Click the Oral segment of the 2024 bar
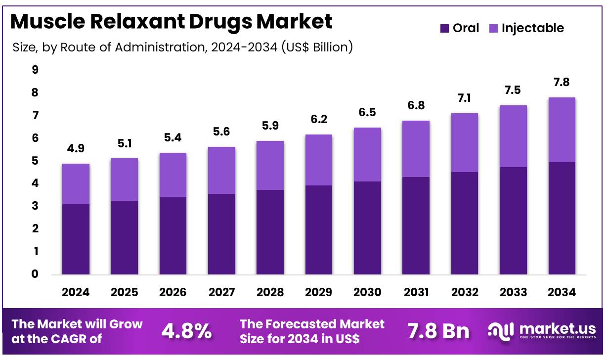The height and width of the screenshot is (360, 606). tap(76, 239)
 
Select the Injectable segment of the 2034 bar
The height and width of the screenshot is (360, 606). tap(562, 130)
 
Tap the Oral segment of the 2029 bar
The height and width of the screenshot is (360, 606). tap(319, 229)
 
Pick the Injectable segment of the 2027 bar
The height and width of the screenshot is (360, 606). tap(221, 170)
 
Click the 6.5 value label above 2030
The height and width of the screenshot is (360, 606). tap(367, 112)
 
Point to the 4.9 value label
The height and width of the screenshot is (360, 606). tap(76, 148)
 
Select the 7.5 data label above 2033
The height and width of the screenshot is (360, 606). tap(513, 90)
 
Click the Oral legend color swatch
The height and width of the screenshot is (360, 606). tap(444, 29)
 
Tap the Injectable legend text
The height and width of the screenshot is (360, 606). tap(532, 28)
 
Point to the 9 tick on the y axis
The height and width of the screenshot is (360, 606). tap(35, 70)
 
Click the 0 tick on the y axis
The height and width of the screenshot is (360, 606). tap(35, 274)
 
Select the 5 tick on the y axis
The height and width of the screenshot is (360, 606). tap(35, 161)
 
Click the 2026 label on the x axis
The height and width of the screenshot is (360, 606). tap(173, 292)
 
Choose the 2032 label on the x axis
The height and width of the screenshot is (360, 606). tap(465, 292)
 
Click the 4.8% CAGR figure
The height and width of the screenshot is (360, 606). tap(187, 331)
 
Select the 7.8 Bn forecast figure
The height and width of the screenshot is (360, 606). tap(438, 331)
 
